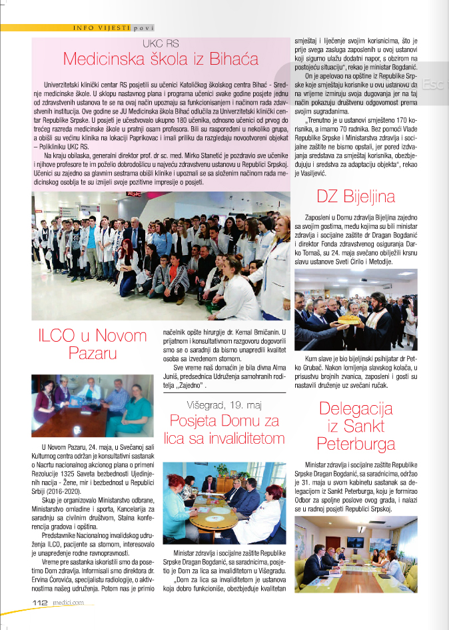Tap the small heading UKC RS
tap(161, 42)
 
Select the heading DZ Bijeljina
tap(355, 196)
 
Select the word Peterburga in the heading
tap(356, 443)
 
